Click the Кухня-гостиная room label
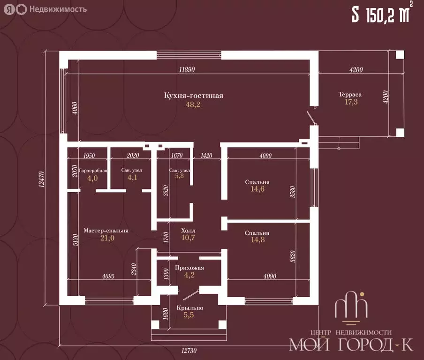click(194, 96)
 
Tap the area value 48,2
click(193, 105)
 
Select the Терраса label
click(350, 95)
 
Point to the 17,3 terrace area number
click(351, 102)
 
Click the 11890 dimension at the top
click(187, 69)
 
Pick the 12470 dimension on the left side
click(41, 179)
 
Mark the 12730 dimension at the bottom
click(189, 351)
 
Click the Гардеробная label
click(93, 171)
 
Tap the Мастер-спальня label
click(106, 231)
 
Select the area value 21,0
click(107, 238)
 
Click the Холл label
click(188, 231)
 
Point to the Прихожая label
click(189, 268)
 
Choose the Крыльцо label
click(190, 308)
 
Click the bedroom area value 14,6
click(257, 189)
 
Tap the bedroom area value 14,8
click(257, 240)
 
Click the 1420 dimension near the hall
click(206, 156)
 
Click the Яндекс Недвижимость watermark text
click(58, 9)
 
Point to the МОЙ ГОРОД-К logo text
click(351, 345)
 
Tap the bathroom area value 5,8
click(179, 176)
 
